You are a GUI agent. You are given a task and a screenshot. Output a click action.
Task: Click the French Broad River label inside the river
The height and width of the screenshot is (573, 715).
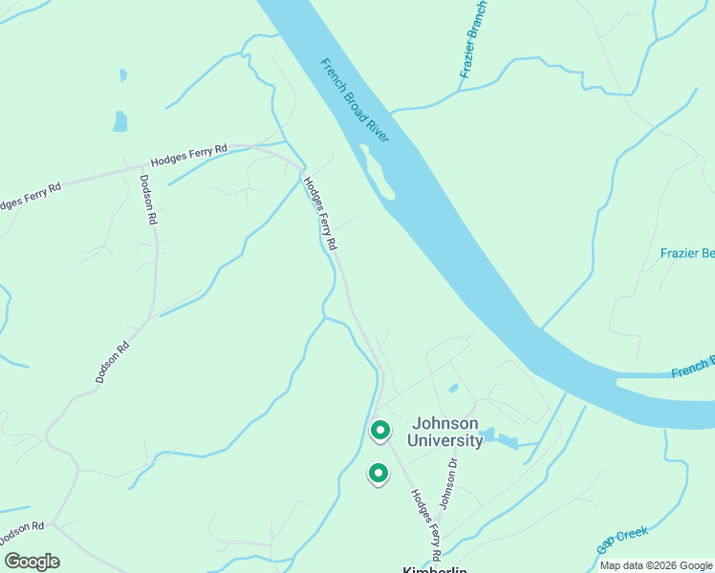tap(355, 100)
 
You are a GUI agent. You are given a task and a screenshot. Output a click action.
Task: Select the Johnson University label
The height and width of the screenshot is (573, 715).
tap(445, 432)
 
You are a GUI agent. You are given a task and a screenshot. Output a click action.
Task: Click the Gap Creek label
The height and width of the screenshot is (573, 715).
tap(622, 540)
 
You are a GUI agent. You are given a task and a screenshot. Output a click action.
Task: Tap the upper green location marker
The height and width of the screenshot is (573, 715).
tap(379, 431)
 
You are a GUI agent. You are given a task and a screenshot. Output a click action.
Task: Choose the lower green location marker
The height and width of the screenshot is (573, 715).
tap(379, 473)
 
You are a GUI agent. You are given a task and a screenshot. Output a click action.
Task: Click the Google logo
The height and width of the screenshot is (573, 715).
tap(32, 562)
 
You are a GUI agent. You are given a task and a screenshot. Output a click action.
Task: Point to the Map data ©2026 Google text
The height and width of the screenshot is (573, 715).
tap(656, 565)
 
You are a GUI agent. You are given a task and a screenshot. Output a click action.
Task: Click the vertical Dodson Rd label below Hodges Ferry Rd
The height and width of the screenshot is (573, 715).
tap(147, 198)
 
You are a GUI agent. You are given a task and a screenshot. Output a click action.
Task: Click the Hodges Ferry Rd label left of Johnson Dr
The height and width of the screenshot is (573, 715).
tap(425, 524)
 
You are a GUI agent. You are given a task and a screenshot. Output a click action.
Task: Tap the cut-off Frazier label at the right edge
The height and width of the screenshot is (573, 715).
tap(687, 253)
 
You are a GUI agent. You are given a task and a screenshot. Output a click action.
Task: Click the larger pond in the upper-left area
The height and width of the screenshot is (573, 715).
tap(119, 121)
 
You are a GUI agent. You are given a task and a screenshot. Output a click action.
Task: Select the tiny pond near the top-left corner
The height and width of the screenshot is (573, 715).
tap(122, 74)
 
